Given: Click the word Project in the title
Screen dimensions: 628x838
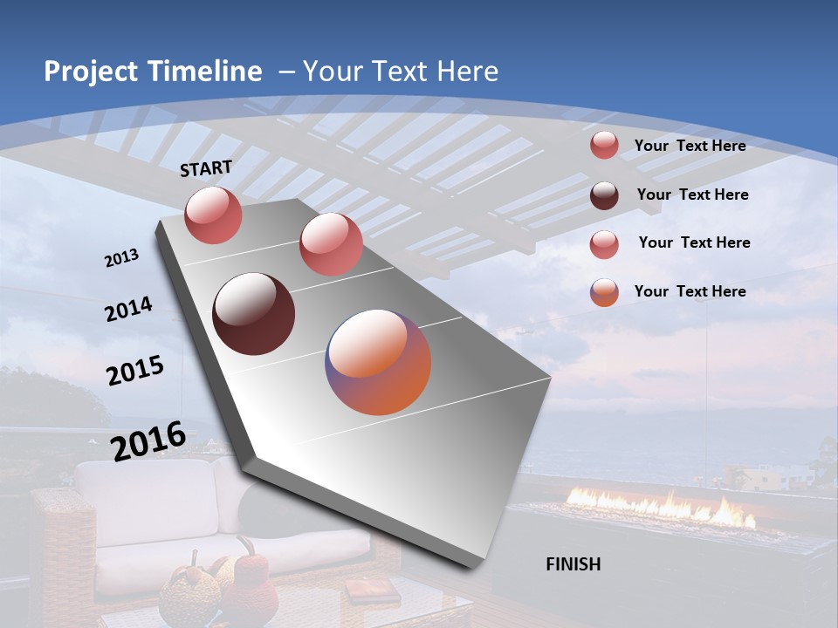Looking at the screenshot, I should (90, 72).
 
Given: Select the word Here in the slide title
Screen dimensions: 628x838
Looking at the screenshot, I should (469, 72).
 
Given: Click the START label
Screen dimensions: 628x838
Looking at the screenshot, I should (206, 168).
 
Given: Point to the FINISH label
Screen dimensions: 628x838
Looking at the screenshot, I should (574, 564).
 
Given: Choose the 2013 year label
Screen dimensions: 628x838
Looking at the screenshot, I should (122, 258).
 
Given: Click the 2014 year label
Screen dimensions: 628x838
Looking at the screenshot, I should (129, 310).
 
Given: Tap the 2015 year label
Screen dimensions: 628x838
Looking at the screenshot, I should (135, 372).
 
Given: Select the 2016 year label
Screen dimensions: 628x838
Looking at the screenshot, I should (148, 441).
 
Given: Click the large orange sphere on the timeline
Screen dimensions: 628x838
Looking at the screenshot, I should (378, 362).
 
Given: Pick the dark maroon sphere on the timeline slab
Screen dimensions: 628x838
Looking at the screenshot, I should (253, 314).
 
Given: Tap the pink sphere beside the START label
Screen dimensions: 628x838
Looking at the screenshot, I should (213, 215).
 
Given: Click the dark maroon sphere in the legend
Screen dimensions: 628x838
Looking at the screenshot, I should (604, 195).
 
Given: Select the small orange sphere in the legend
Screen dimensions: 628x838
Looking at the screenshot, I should (604, 292).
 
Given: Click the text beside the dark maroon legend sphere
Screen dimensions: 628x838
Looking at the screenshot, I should (692, 195).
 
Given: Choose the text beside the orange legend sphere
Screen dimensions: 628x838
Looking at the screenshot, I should (690, 291).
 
